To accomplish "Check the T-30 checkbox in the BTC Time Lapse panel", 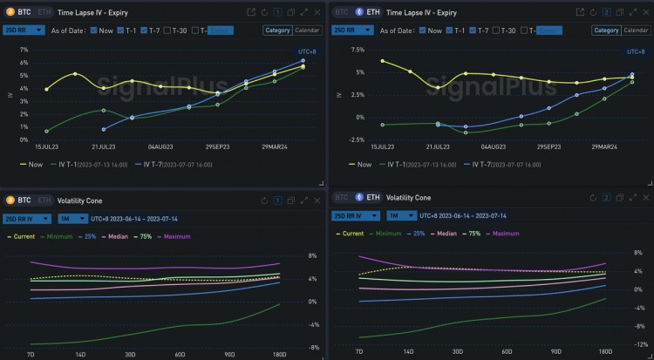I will pos(171,31).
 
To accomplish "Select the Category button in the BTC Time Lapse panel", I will pos(277,31).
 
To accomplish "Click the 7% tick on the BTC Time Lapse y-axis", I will pos(24,50).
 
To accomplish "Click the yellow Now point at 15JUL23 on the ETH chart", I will pos(382,61).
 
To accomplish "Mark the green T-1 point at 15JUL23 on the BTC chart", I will pos(47,131).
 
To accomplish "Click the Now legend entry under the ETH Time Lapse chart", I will pos(360,164).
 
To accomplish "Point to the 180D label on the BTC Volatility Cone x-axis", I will pos(279,355).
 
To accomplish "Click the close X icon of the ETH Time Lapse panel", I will pos(643,12).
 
